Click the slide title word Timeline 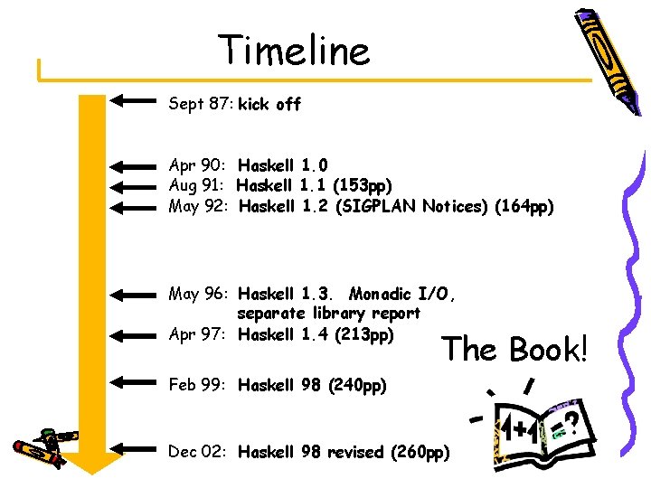pyautogui.click(x=295, y=51)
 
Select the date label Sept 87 pyautogui.click(x=201, y=105)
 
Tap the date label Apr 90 pyautogui.click(x=198, y=165)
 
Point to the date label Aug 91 pyautogui.click(x=199, y=186)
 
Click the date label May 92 pyautogui.click(x=199, y=207)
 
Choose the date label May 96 pyautogui.click(x=199, y=294)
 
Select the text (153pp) pyautogui.click(x=363, y=186)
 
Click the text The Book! pyautogui.click(x=515, y=350)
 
